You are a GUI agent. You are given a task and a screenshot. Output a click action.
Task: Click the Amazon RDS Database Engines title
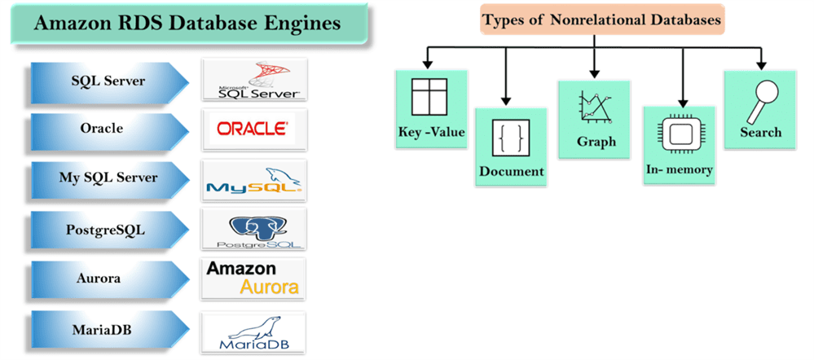point(187,24)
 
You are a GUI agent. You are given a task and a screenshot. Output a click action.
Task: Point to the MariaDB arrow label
point(103,330)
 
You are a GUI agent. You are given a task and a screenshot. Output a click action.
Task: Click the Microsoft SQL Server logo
point(253,80)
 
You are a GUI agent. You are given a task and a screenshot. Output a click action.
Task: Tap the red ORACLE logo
point(252,129)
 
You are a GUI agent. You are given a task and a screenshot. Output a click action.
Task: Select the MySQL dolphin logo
point(254,180)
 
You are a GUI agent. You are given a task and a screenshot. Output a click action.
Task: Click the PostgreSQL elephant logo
point(253,230)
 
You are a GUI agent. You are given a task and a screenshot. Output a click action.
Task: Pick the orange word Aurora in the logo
point(269,287)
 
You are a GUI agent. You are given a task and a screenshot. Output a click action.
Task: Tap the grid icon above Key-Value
point(430,99)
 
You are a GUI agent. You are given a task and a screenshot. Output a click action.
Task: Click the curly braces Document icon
point(511,137)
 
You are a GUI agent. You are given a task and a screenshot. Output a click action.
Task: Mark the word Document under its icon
point(511,171)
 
